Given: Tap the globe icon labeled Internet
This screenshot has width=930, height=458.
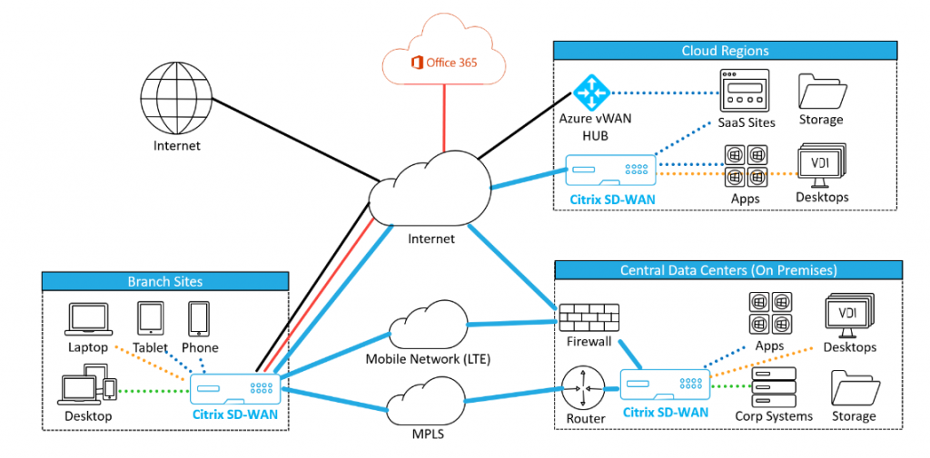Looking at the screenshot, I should pos(176,99).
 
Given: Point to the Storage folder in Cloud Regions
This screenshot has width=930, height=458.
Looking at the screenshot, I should pos(821,90).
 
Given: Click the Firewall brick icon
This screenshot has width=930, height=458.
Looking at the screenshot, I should pos(587,318).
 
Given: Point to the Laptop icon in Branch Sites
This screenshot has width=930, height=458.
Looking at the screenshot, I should pos(88,318).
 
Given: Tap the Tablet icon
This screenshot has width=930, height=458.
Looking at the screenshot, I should pos(150,318).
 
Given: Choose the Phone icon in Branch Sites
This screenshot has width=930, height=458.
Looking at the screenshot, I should pos(200,318).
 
